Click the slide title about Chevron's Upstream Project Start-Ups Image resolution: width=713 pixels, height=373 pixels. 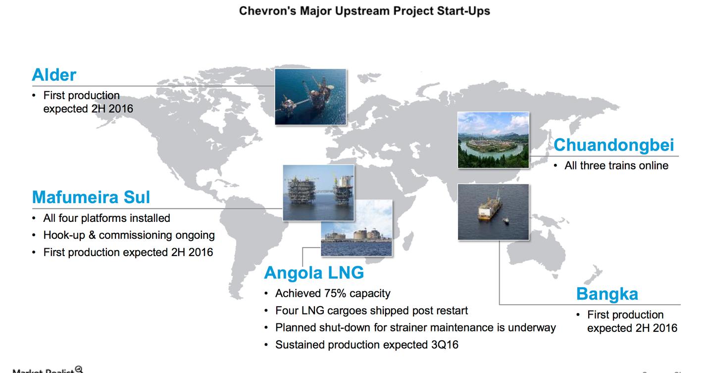(x=364, y=10)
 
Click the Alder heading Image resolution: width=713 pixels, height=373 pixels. (x=54, y=75)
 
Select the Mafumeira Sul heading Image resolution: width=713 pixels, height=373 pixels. (x=91, y=197)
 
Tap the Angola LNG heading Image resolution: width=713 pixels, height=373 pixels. (x=314, y=272)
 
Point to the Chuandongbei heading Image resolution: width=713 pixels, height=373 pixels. (x=613, y=145)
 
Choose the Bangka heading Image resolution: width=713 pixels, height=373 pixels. (x=607, y=294)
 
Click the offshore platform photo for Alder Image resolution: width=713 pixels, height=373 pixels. (x=310, y=97)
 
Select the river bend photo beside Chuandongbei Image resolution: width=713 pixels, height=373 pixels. (x=493, y=140)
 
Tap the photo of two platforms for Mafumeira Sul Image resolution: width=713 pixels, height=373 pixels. (x=318, y=192)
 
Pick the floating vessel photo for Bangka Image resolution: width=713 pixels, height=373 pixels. (x=493, y=212)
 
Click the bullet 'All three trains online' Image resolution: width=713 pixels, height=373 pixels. (x=616, y=165)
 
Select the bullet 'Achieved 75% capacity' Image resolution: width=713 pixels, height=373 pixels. (x=333, y=293)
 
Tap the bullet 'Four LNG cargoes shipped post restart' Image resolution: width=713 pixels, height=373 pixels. (x=371, y=311)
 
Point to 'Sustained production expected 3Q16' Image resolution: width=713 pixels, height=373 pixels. (x=366, y=344)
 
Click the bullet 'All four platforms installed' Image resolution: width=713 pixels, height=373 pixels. (x=106, y=218)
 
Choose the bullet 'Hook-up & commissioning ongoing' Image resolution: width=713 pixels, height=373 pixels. (x=129, y=235)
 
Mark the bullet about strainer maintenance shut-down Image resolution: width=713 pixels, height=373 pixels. (x=415, y=327)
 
